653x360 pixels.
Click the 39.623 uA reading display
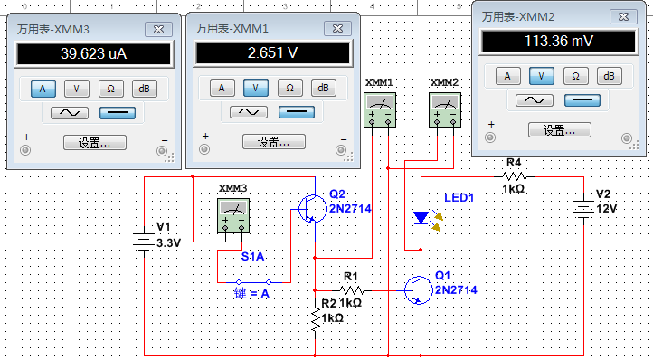tap(93, 54)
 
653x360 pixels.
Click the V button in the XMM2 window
tap(542, 76)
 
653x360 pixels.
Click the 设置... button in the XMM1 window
tap(272, 142)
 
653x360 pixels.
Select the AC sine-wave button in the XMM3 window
tap(69, 112)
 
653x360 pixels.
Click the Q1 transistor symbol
tap(417, 290)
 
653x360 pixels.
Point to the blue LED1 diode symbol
tap(421, 218)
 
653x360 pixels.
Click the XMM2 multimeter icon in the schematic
tap(443, 113)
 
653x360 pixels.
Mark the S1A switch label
tap(252, 257)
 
